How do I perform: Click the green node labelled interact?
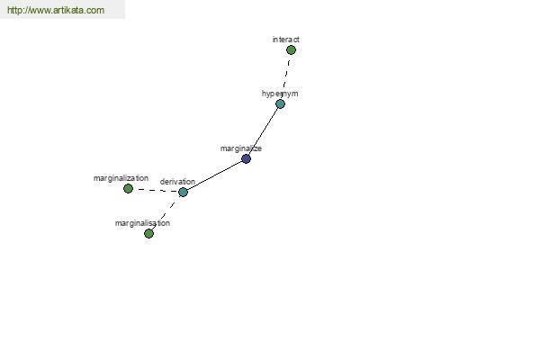pos(291,50)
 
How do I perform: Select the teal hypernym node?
pos(280,104)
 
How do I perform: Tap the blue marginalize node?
pos(246,158)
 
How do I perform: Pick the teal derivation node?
pos(184,192)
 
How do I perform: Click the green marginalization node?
pos(128,188)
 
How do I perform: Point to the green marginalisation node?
pos(148,234)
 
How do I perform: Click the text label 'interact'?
pos(286,40)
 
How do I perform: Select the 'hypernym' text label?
pos(280,94)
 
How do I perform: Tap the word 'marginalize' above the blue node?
pos(241,148)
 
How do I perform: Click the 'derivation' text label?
pos(177,182)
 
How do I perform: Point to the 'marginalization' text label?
pos(121,178)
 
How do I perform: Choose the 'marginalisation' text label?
pos(142,223)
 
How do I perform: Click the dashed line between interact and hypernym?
pos(286,75)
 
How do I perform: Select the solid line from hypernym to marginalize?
pos(263,131)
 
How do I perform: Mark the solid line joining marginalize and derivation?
pos(214,175)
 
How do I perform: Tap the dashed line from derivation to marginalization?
pos(156,190)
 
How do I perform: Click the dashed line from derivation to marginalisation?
pos(166,213)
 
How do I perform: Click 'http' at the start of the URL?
pos(13,10)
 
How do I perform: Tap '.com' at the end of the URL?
pos(94,10)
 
